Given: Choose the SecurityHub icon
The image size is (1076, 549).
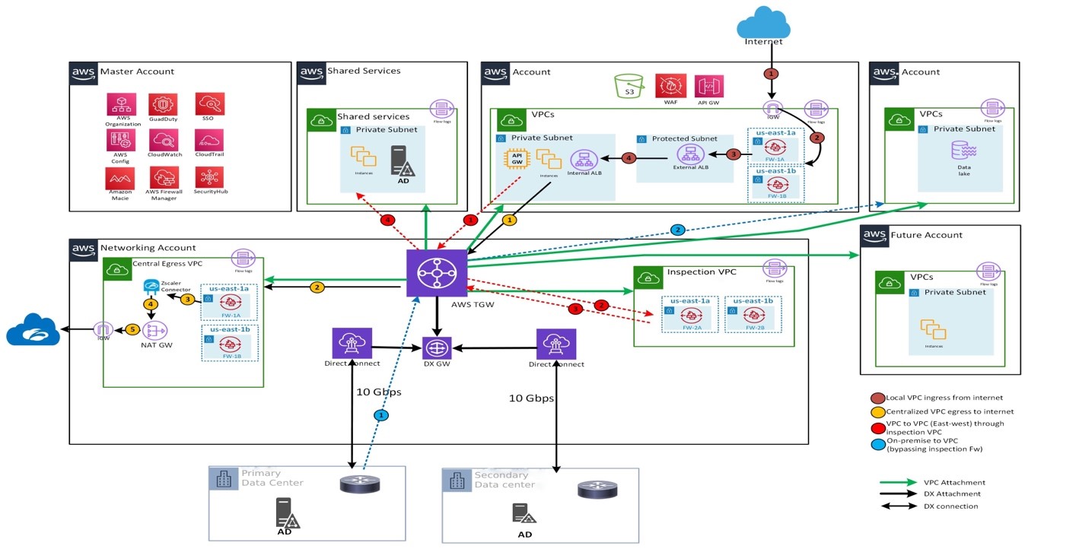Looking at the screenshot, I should [209, 177].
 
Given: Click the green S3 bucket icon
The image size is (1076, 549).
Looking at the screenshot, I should [629, 85].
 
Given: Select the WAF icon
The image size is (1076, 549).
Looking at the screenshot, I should [670, 85].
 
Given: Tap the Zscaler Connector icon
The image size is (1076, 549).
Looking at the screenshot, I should [151, 287].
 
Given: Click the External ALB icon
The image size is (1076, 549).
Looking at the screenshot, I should [686, 154].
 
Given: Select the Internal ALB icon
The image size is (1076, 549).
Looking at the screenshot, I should [584, 159].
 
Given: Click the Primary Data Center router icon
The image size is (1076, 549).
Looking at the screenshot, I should [359, 484].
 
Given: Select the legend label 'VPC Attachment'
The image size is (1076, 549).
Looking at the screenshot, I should [953, 482].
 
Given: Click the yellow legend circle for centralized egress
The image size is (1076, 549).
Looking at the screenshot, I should [877, 411].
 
